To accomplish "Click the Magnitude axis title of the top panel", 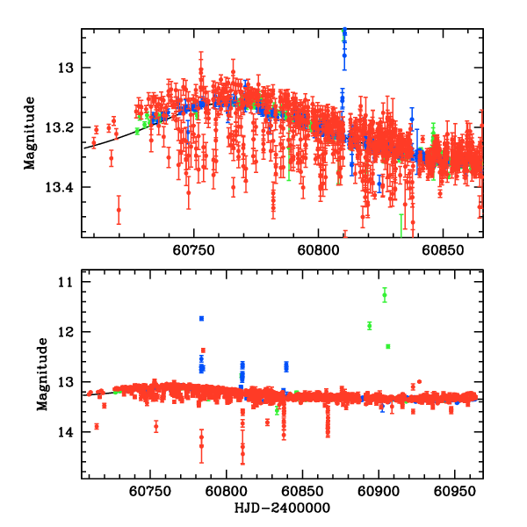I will click(x=30, y=132).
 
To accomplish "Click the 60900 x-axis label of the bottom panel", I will click(x=379, y=493).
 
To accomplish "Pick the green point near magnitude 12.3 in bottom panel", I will click(x=387, y=346).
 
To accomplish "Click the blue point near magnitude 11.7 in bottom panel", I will click(x=201, y=318).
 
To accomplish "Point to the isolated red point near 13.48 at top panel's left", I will click(x=119, y=210).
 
